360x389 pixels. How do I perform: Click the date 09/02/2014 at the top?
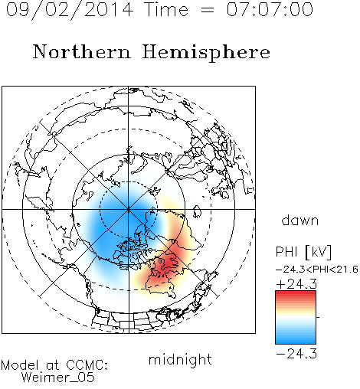pyautogui.click(x=70, y=10)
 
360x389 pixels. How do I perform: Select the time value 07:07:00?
pyautogui.click(x=270, y=9)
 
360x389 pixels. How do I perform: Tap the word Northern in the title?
pyautogui.click(x=82, y=52)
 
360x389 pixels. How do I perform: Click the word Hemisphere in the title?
pyautogui.click(x=206, y=53)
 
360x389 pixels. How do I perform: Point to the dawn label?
pyautogui.click(x=300, y=221)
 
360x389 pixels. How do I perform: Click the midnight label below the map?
pyautogui.click(x=180, y=359)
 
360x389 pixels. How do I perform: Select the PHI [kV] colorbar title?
pyautogui.click(x=303, y=252)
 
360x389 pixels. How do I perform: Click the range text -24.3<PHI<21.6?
pyautogui.click(x=317, y=270)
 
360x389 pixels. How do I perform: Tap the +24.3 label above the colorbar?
pyautogui.click(x=296, y=284)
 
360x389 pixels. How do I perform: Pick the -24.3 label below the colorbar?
pyautogui.click(x=296, y=354)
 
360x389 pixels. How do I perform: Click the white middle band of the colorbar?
pyautogui.click(x=296, y=317)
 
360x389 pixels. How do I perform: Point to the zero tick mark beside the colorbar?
pyautogui.click(x=318, y=317)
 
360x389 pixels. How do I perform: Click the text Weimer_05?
pyautogui.click(x=58, y=378)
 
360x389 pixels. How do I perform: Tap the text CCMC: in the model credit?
pyautogui.click(x=87, y=365)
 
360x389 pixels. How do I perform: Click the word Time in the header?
pyautogui.click(x=166, y=9)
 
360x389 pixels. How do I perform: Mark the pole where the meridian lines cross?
pyautogui.click(x=129, y=209)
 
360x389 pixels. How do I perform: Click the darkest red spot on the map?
pyautogui.click(x=167, y=263)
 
